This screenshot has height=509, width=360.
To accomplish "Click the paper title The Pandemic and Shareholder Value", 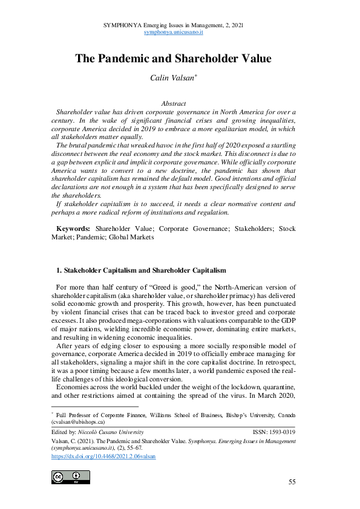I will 173,59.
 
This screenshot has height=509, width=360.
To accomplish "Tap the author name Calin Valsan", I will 172,78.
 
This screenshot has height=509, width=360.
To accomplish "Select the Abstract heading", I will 173,104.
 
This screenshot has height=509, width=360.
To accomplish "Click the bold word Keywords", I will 73,229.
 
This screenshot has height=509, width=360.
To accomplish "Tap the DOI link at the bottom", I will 103,456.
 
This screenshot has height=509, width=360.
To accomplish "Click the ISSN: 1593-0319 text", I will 273,432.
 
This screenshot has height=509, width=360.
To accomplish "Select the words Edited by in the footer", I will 67,432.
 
